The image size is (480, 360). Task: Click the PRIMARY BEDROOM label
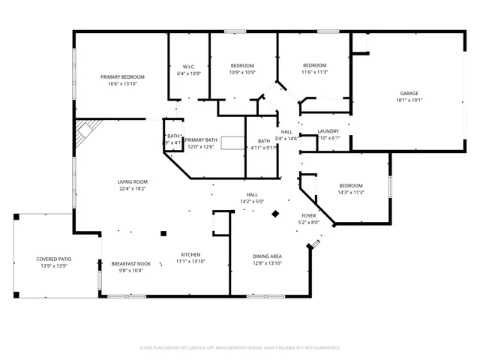[x=123, y=77]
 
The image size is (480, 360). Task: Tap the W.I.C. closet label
[x=189, y=66]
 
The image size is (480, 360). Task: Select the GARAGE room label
[x=409, y=93]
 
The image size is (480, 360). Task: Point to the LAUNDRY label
[x=328, y=131]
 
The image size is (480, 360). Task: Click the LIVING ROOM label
[x=132, y=181]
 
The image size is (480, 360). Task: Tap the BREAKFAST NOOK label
[x=131, y=263]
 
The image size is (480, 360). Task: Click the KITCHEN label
[x=190, y=254]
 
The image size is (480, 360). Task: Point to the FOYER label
[x=309, y=215]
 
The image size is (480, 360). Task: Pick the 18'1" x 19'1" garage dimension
[x=409, y=100]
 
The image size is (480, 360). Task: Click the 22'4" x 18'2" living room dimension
[x=132, y=189]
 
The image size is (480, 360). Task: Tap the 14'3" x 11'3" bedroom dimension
[x=350, y=193]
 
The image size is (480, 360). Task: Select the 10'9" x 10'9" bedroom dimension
[x=241, y=73]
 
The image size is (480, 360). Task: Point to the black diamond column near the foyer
[x=275, y=214]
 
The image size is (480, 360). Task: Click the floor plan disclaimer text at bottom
[x=240, y=347]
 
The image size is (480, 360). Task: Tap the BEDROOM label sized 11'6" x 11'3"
[x=314, y=65]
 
